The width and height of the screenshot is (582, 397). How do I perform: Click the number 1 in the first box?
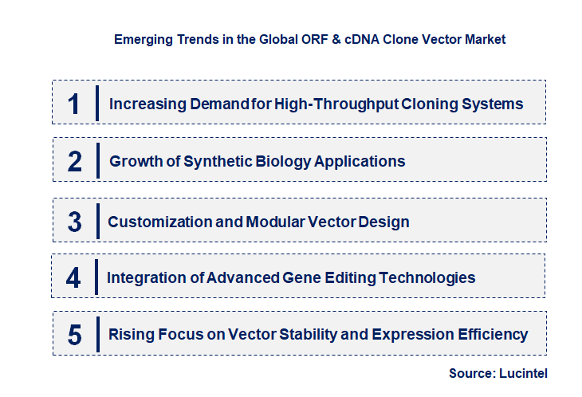(73, 104)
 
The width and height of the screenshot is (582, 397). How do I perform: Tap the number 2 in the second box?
(74, 162)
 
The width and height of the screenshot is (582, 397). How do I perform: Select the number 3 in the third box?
(74, 222)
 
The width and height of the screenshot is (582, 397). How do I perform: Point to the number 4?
(73, 278)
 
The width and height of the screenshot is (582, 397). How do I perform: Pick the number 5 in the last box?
(74, 335)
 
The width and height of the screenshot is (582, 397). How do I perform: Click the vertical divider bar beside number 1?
(96, 103)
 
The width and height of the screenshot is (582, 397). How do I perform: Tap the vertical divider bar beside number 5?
(96, 334)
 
